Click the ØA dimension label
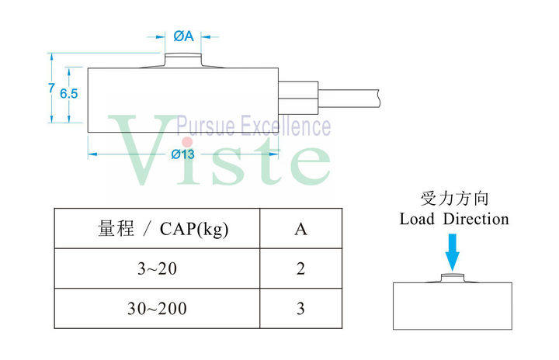point(183,36)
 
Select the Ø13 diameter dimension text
point(183,154)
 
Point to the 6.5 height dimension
point(69,92)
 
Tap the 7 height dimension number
point(50,88)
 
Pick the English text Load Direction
point(454,220)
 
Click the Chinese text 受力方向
point(454,199)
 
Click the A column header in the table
point(300,229)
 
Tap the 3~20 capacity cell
point(157,269)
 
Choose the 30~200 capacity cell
point(157,309)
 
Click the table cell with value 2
point(300,269)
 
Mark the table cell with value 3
point(300,309)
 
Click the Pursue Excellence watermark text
point(253,126)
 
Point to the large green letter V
point(140,151)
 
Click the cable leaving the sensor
point(349,97)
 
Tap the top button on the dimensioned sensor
point(183,61)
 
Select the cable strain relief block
point(299,97)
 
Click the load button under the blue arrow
point(453,277)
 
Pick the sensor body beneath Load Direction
point(453,306)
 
